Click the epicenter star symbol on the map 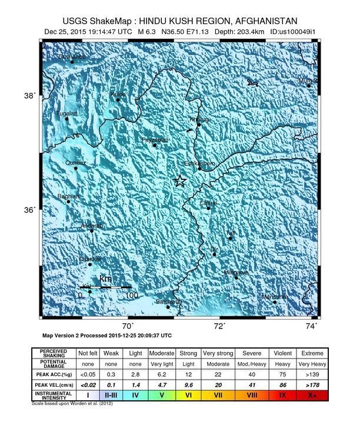[181, 182]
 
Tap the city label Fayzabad [155, 140]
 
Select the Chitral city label [209, 203]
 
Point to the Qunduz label [75, 162]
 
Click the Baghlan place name [68, 196]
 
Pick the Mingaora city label [236, 273]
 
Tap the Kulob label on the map [118, 95]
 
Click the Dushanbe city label [71, 57]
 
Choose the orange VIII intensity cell [254, 396]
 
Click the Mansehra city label [274, 296]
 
